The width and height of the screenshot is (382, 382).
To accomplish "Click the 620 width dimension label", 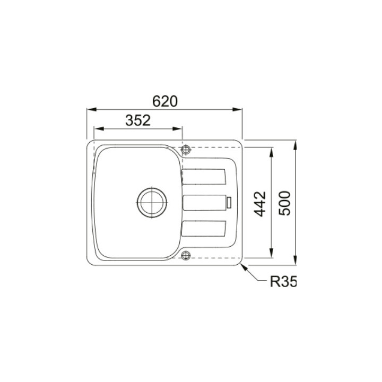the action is [165, 101].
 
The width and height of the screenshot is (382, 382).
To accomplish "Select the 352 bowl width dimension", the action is [138, 120].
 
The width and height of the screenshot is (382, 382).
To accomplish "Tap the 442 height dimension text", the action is [260, 204].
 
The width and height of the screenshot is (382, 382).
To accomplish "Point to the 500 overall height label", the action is [284, 203].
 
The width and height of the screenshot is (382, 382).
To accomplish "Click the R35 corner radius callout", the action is [283, 282].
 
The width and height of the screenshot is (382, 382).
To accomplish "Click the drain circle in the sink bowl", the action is [152, 203].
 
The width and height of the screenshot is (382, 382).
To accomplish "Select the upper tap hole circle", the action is [186, 149].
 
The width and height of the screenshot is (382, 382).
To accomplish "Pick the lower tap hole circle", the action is [186, 255].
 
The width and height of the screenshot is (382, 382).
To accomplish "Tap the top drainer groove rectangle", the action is [204, 177].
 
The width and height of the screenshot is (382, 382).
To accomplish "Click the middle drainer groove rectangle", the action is [204, 203].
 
